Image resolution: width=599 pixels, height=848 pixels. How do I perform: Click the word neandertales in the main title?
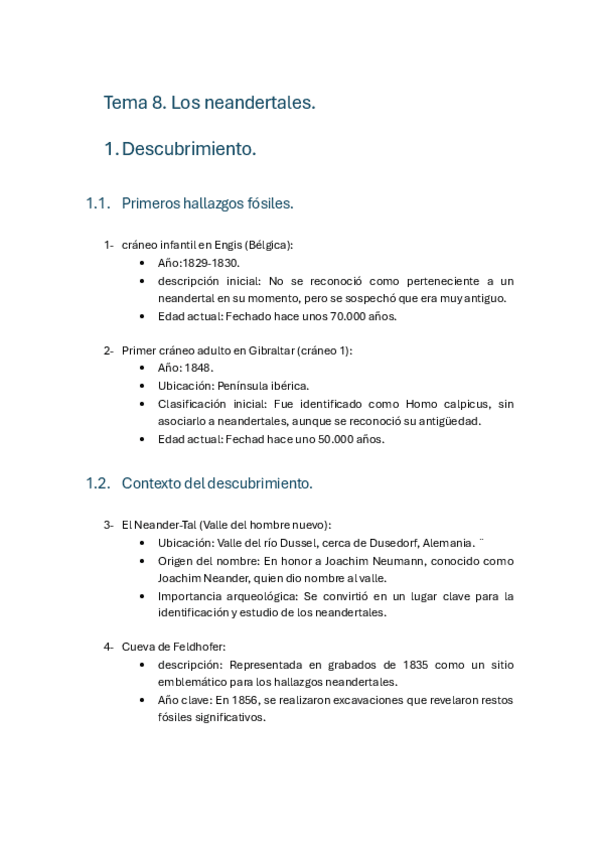click(265, 102)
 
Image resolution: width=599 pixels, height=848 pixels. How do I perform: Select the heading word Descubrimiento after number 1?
click(188, 150)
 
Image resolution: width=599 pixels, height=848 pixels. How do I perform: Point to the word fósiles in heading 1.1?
click(268, 203)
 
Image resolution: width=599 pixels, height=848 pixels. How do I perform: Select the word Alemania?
click(448, 543)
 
